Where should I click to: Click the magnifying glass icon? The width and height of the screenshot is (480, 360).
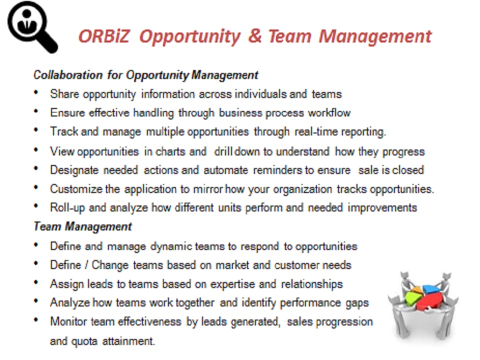[x=32, y=27]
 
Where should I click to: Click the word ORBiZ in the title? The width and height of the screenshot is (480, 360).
[x=104, y=36]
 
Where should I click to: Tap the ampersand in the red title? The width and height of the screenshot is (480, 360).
[x=254, y=36]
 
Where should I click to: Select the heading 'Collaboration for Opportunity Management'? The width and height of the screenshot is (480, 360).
[x=145, y=75]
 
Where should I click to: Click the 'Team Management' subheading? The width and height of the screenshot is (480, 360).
[x=82, y=227]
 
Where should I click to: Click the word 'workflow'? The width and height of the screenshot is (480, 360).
[x=329, y=113]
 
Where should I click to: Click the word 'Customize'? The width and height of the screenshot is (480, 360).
[x=76, y=189]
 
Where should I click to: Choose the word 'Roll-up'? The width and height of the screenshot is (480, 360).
[x=67, y=208]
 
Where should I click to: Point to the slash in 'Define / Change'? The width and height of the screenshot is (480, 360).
[x=86, y=265]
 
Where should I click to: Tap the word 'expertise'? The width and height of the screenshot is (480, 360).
[x=232, y=284]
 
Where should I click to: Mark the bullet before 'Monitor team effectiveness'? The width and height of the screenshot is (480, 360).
[x=36, y=320]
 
